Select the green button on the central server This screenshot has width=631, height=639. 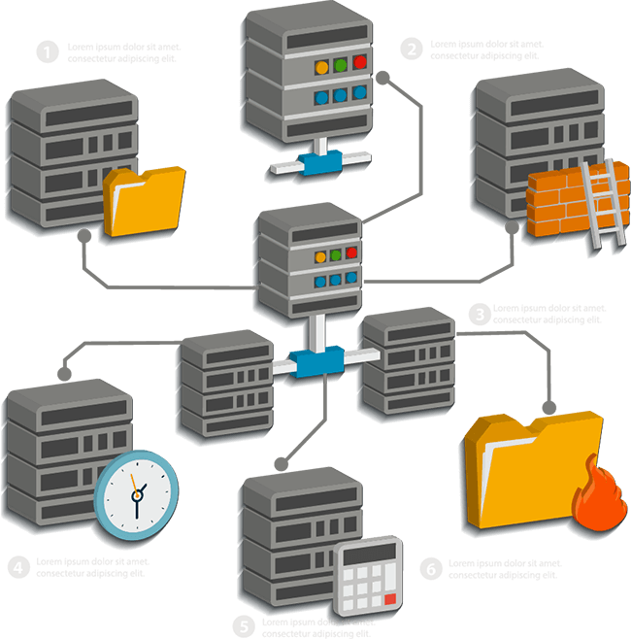click(335, 255)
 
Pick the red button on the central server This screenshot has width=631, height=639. click(351, 252)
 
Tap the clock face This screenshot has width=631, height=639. click(137, 492)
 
